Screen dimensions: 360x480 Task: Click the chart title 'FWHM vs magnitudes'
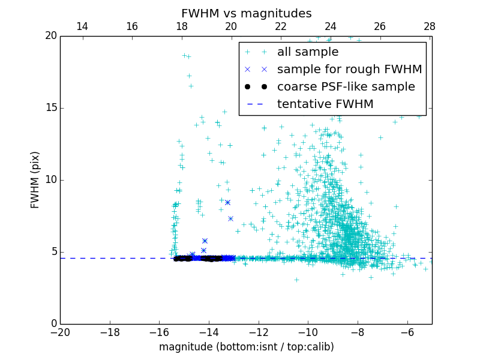click(246, 13)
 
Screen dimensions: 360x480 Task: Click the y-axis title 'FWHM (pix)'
click(35, 179)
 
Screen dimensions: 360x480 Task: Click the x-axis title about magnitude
click(246, 347)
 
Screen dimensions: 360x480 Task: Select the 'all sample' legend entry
click(308, 52)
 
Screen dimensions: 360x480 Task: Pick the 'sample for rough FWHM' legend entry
click(349, 70)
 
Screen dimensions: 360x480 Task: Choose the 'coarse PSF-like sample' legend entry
click(346, 87)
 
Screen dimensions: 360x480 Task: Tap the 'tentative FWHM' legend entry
click(325, 104)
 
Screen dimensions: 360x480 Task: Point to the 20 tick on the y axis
click(50, 36)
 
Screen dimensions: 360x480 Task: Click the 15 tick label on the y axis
click(50, 108)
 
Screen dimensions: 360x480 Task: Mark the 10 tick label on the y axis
click(50, 180)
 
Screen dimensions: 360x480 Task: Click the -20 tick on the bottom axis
click(60, 332)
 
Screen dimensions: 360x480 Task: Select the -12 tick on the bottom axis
click(259, 332)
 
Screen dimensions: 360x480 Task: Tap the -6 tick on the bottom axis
click(407, 332)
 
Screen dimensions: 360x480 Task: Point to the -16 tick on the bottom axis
click(159, 332)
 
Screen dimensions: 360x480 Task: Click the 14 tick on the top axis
click(82, 26)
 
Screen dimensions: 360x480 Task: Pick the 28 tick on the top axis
click(430, 26)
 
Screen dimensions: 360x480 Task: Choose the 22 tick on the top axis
click(281, 26)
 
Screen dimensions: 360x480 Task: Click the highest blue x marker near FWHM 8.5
click(227, 203)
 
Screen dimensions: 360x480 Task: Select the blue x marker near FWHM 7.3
click(230, 218)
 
